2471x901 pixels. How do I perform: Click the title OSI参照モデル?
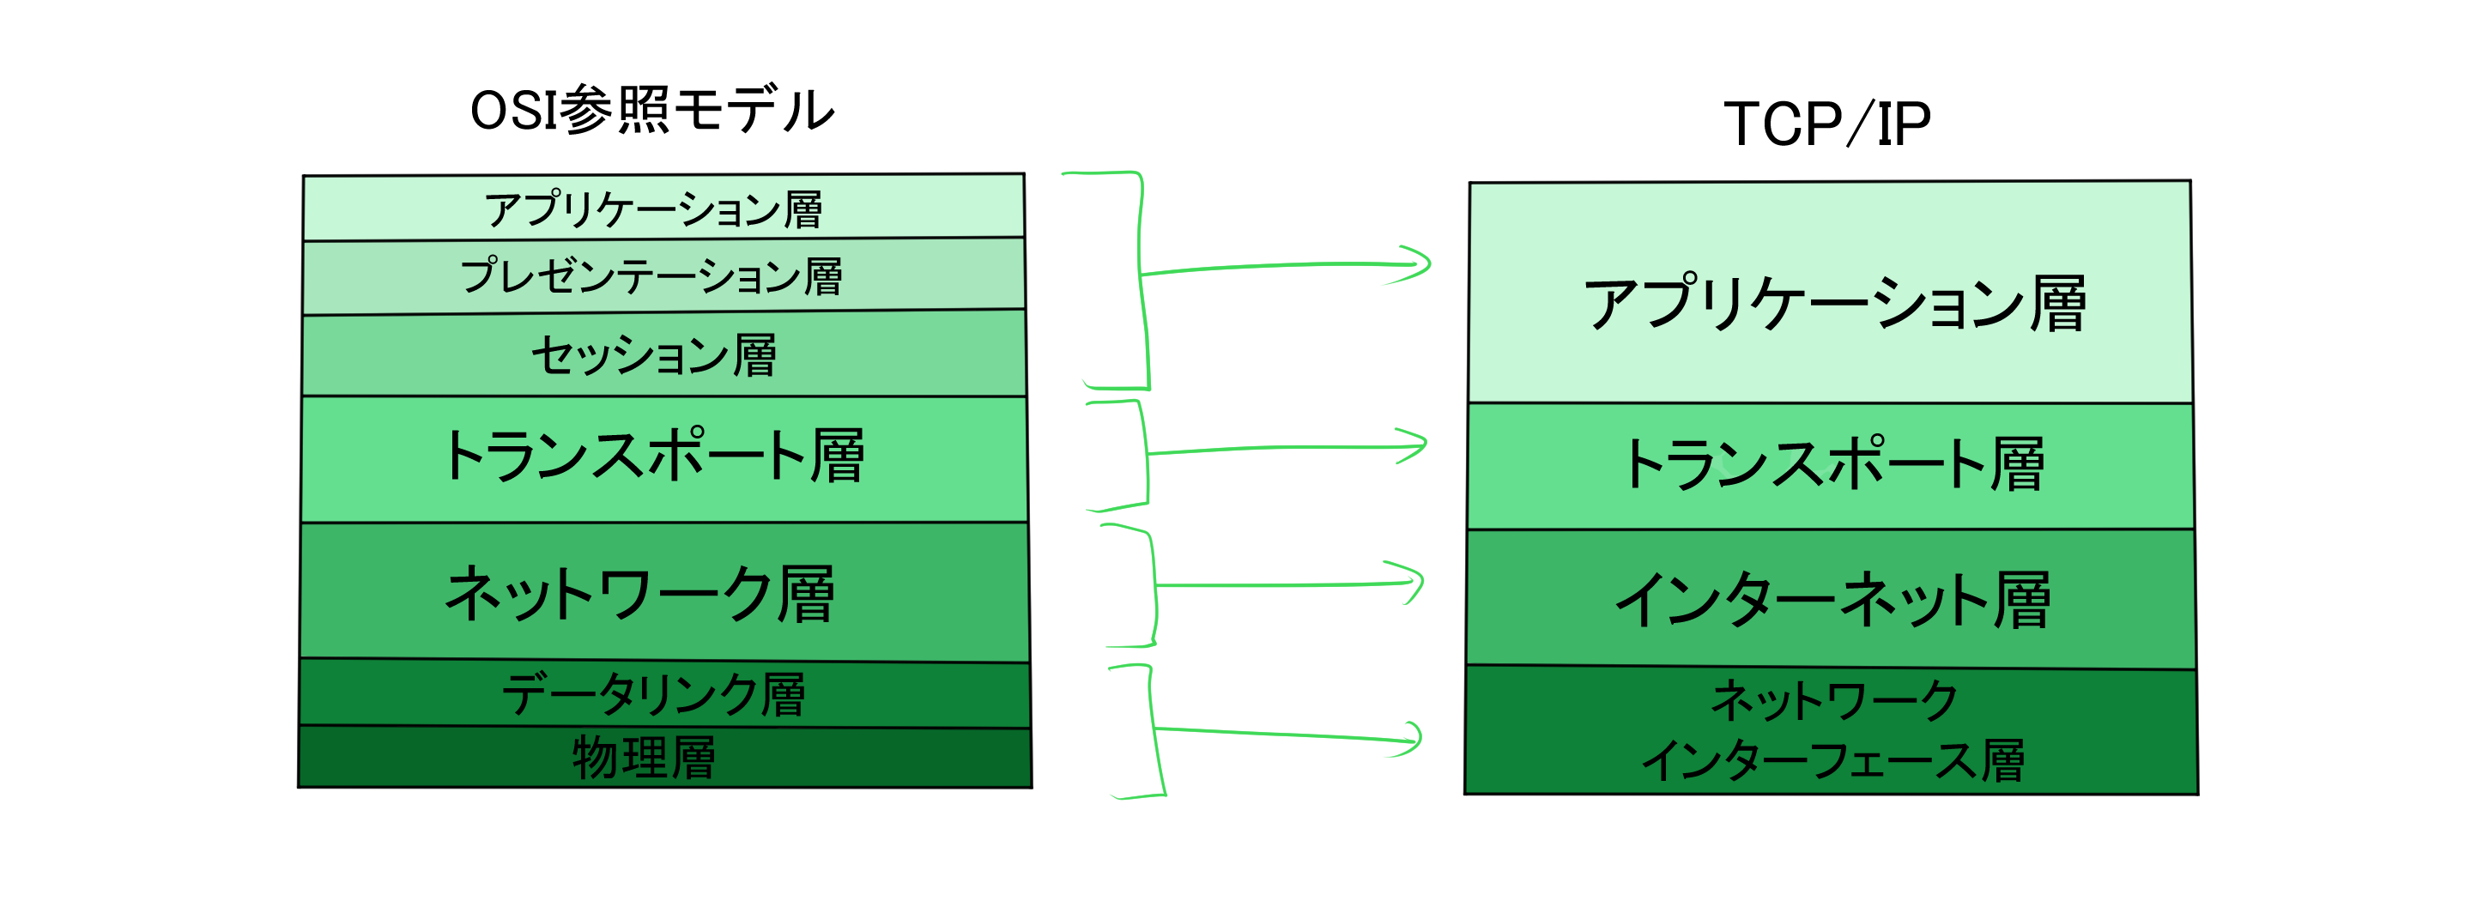click(x=652, y=111)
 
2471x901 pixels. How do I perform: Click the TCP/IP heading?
click(x=1826, y=124)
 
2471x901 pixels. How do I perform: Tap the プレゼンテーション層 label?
click(x=651, y=276)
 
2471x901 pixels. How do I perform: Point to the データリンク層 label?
click(x=653, y=693)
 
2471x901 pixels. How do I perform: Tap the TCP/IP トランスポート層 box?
click(x=1832, y=465)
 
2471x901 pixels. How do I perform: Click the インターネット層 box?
click(x=1832, y=600)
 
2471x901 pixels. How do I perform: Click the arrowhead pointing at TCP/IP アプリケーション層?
click(x=1420, y=264)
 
